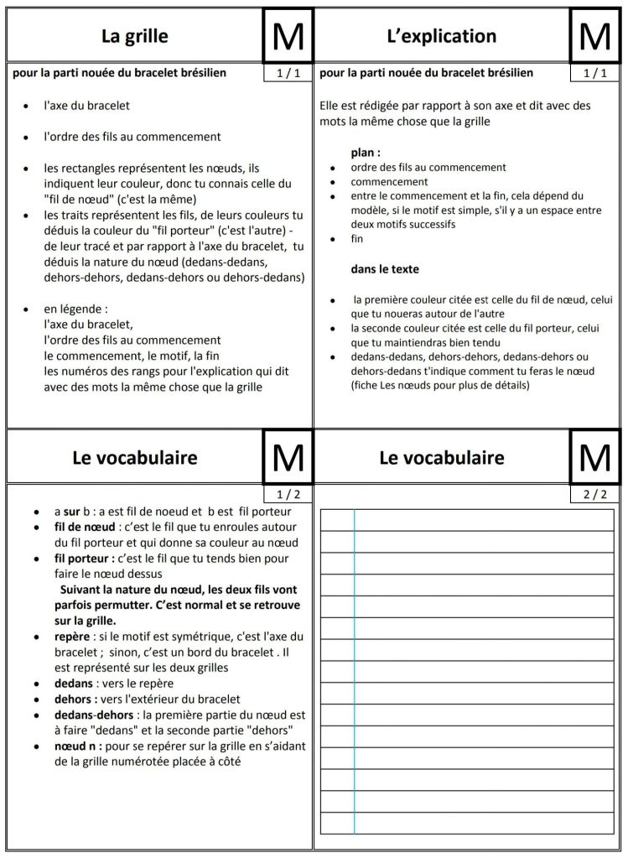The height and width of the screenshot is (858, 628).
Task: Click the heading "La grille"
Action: click(x=134, y=36)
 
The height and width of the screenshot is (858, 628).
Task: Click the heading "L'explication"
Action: click(x=442, y=36)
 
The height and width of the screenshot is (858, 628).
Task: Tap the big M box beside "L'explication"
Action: click(x=594, y=36)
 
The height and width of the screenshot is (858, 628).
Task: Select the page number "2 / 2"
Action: click(x=594, y=494)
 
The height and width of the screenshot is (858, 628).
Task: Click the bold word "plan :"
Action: click(x=366, y=153)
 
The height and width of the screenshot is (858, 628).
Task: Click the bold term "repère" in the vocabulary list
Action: click(x=72, y=636)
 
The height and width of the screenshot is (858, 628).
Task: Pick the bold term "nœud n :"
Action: click(x=79, y=746)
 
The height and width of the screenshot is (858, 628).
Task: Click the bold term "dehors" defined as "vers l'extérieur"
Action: click(x=73, y=699)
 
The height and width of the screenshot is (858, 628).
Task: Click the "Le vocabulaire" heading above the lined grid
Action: click(x=442, y=457)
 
